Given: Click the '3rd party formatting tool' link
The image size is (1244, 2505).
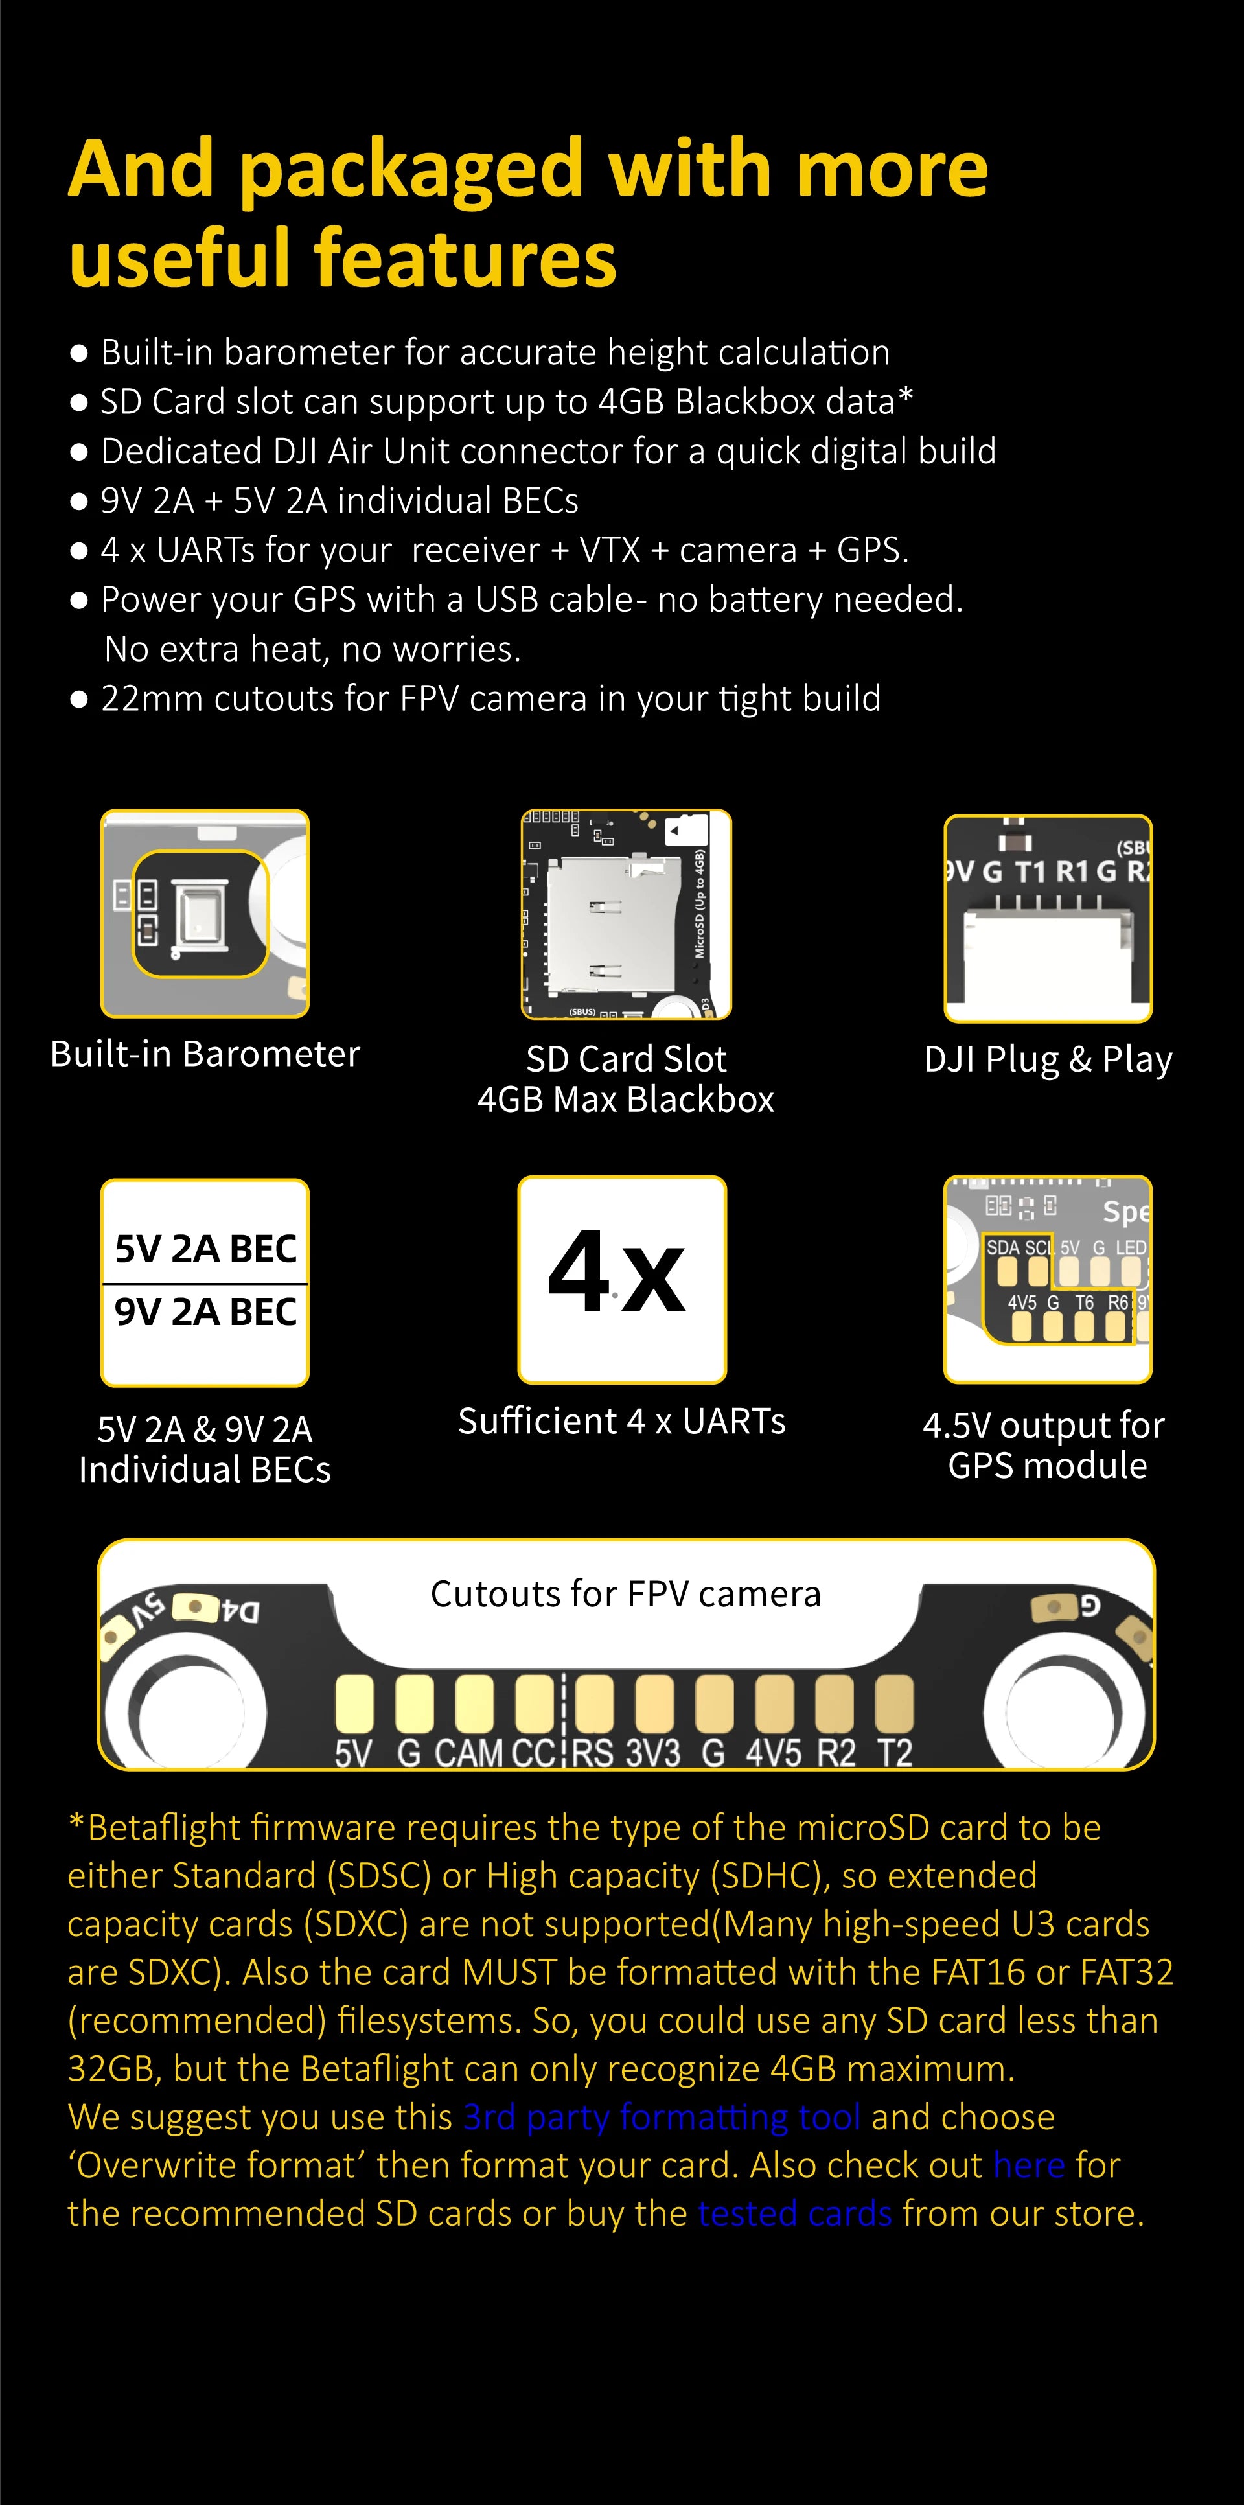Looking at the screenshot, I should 662,2117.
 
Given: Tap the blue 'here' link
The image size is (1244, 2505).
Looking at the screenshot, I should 1029,2165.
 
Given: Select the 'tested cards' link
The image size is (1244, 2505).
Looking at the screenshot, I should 794,2213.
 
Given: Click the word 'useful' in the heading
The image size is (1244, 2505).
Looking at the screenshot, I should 180,259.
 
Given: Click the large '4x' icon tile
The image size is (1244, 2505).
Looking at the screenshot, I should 621,1279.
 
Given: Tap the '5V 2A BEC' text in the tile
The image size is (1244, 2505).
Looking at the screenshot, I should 205,1249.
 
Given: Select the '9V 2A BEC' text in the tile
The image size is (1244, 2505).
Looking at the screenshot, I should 205,1312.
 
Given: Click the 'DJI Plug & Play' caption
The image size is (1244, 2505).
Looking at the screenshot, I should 1048,1059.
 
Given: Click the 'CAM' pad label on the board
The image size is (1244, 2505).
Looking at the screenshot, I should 469,1753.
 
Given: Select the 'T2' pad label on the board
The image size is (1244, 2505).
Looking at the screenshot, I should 895,1753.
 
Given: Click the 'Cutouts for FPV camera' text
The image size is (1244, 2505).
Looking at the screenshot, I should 625,1595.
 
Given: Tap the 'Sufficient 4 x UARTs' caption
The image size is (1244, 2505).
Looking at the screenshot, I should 621,1422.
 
